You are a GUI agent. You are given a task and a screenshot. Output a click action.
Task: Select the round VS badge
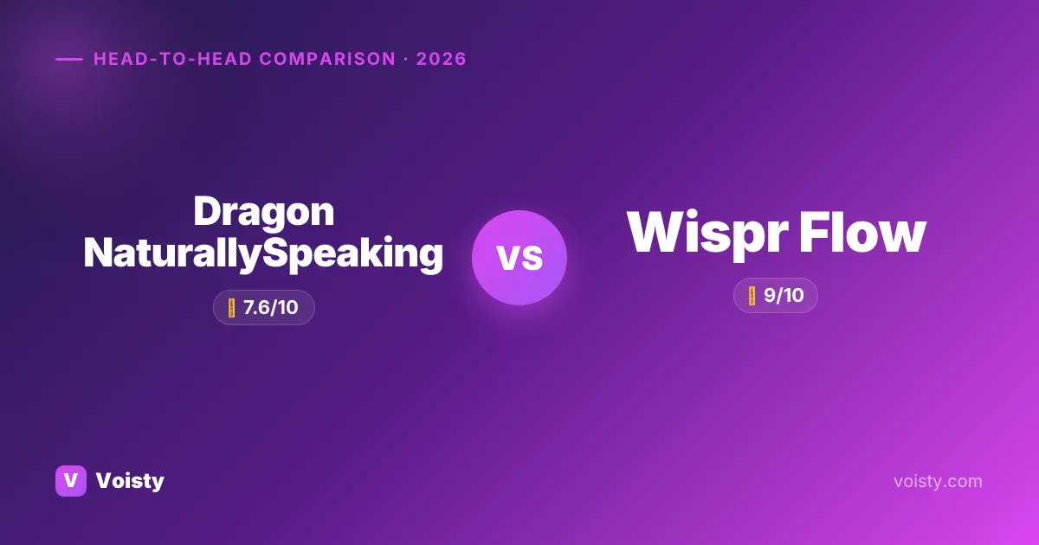(x=519, y=258)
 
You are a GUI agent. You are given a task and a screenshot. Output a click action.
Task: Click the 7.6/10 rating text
(x=270, y=308)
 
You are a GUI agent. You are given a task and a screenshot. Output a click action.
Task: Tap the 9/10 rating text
(x=784, y=295)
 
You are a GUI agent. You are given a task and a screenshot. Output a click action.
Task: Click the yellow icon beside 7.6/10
(x=231, y=308)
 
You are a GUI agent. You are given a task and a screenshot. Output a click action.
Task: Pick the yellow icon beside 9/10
(x=752, y=296)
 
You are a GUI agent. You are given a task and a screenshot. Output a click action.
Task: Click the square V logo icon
(x=71, y=481)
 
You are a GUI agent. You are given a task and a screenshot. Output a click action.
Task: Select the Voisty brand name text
(x=130, y=481)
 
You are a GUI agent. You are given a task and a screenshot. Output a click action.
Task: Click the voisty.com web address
(x=938, y=482)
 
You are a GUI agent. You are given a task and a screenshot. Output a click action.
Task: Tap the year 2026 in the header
(x=441, y=59)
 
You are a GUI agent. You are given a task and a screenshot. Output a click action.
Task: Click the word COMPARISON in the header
(x=327, y=59)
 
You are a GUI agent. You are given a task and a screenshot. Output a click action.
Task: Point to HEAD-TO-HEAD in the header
(x=172, y=59)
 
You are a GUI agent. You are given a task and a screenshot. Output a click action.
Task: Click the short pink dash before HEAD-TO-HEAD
(x=69, y=59)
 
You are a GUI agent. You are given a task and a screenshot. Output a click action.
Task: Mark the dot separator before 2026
(x=406, y=60)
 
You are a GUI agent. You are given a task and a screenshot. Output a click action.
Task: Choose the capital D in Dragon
(x=208, y=212)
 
